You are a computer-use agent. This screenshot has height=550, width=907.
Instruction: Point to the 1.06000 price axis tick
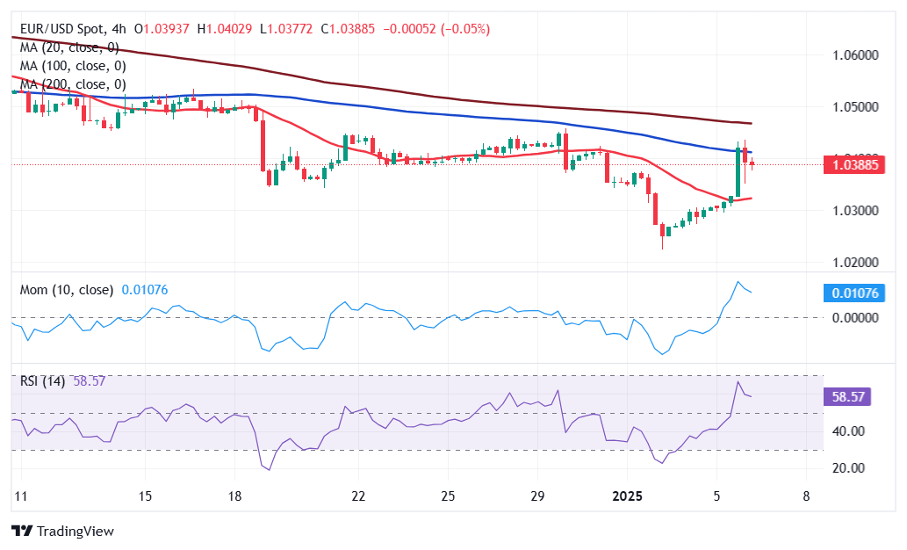855,55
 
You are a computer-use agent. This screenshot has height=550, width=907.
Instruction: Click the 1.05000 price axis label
855,107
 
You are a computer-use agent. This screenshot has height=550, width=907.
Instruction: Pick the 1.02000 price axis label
855,263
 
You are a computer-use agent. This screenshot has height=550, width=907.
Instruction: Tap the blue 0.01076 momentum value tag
857,293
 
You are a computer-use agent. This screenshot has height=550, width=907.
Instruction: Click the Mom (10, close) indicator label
67,290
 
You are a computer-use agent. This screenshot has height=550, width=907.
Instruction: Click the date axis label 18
234,497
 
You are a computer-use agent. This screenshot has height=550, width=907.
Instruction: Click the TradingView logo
63,532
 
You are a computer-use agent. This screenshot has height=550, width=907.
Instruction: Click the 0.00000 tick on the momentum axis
855,318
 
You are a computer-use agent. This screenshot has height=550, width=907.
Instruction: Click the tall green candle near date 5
738,171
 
